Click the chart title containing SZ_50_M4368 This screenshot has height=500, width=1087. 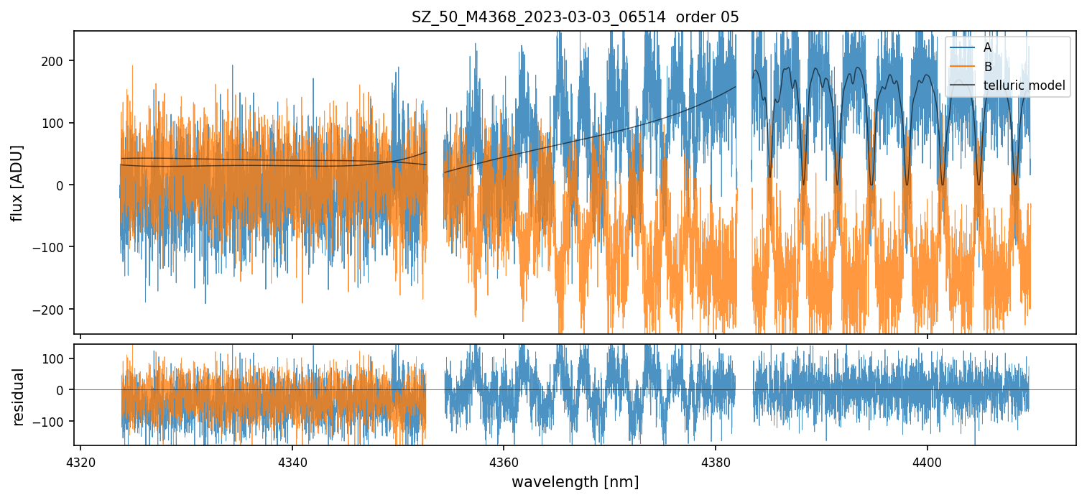(575, 17)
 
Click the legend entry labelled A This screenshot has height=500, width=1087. (987, 47)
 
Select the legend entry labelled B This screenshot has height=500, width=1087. (987, 67)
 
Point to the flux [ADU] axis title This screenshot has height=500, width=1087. (17, 182)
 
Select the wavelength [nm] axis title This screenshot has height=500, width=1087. (575, 481)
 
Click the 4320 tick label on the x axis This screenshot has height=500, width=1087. (80, 461)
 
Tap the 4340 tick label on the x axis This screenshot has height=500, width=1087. (292, 461)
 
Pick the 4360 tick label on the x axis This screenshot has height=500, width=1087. (504, 461)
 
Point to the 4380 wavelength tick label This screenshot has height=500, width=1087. (716, 461)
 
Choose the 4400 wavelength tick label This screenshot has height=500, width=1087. (927, 461)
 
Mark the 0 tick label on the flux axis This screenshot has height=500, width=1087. (62, 185)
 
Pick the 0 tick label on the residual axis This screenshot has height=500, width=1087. (62, 390)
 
